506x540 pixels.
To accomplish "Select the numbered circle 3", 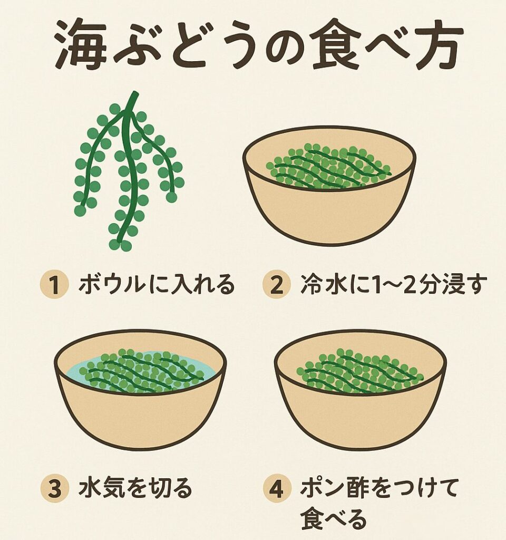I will [x=54, y=489].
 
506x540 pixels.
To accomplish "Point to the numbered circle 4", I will [x=276, y=489].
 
